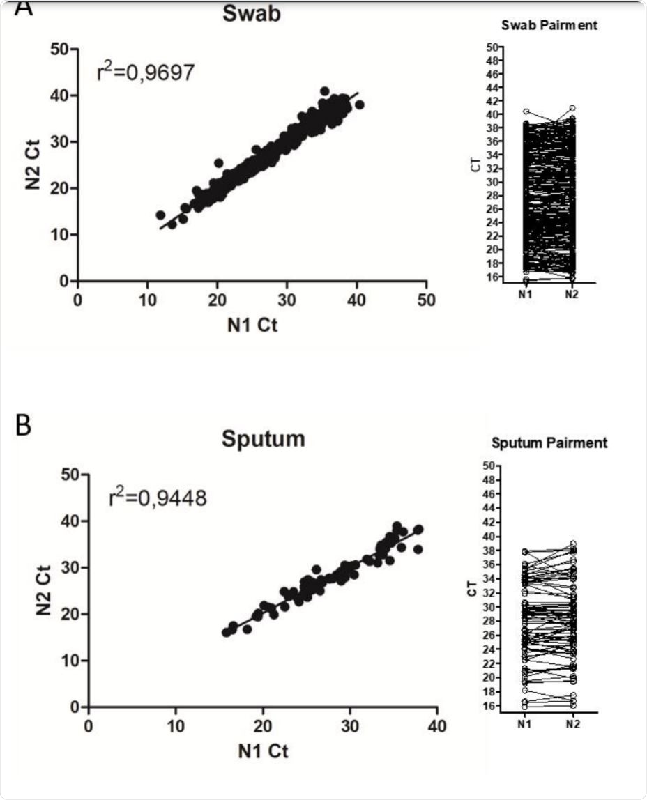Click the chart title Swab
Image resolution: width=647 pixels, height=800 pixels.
tap(252, 13)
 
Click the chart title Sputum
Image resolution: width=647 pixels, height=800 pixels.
tap(263, 440)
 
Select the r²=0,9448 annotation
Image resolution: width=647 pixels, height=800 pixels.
tap(158, 498)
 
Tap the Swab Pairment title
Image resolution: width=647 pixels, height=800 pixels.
tap(549, 26)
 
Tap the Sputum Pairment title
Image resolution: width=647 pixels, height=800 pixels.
tap(549, 443)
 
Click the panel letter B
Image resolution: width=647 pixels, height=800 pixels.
tap(23, 425)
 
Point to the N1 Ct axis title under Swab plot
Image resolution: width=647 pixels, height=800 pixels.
tap(252, 325)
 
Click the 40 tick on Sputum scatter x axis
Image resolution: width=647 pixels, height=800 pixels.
tap(437, 725)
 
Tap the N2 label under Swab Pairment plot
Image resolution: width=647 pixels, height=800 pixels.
tap(572, 294)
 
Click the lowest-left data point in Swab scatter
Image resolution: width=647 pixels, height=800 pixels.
tap(160, 215)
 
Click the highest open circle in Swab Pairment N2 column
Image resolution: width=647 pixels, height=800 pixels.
tap(572, 108)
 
